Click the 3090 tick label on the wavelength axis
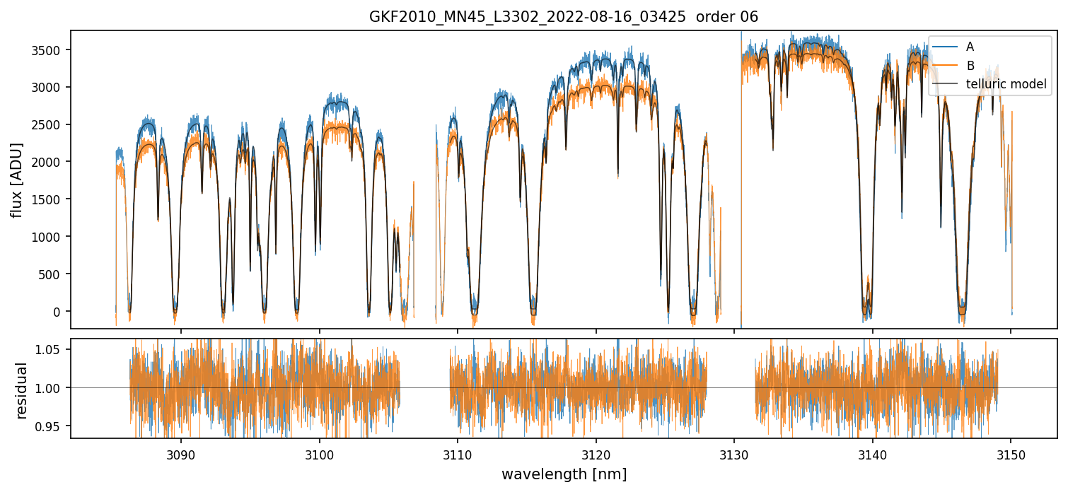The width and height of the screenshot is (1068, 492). [x=180, y=454]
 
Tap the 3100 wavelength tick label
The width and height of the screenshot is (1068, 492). [x=319, y=454]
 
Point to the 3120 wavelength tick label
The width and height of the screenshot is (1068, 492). [x=596, y=454]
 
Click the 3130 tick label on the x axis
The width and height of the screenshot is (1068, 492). [x=734, y=454]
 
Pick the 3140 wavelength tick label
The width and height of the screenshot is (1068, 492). [x=872, y=454]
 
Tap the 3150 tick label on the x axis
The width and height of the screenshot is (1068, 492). [x=1011, y=454]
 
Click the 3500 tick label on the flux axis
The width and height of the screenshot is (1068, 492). [x=49, y=50]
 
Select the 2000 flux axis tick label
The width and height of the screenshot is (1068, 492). [x=49, y=162]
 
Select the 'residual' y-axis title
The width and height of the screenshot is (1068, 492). [x=22, y=390]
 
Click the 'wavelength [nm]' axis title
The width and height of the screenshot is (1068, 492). [x=564, y=474]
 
